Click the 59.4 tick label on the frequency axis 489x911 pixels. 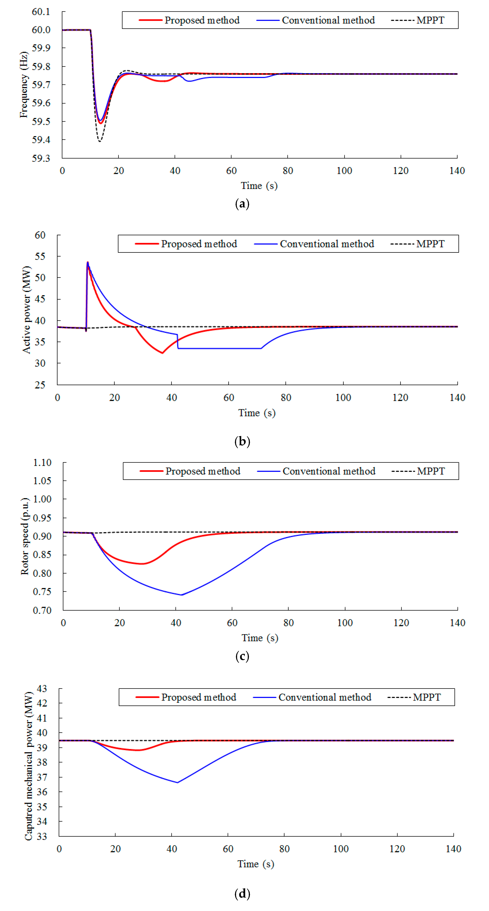click(41, 140)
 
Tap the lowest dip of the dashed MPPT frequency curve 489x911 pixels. click(100, 141)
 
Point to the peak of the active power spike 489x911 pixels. click(88, 262)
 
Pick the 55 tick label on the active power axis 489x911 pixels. click(40, 256)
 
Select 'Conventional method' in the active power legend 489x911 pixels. click(327, 244)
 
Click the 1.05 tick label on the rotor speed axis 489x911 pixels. click(42, 481)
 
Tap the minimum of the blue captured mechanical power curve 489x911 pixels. click(177, 783)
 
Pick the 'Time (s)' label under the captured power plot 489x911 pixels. click(256, 864)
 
